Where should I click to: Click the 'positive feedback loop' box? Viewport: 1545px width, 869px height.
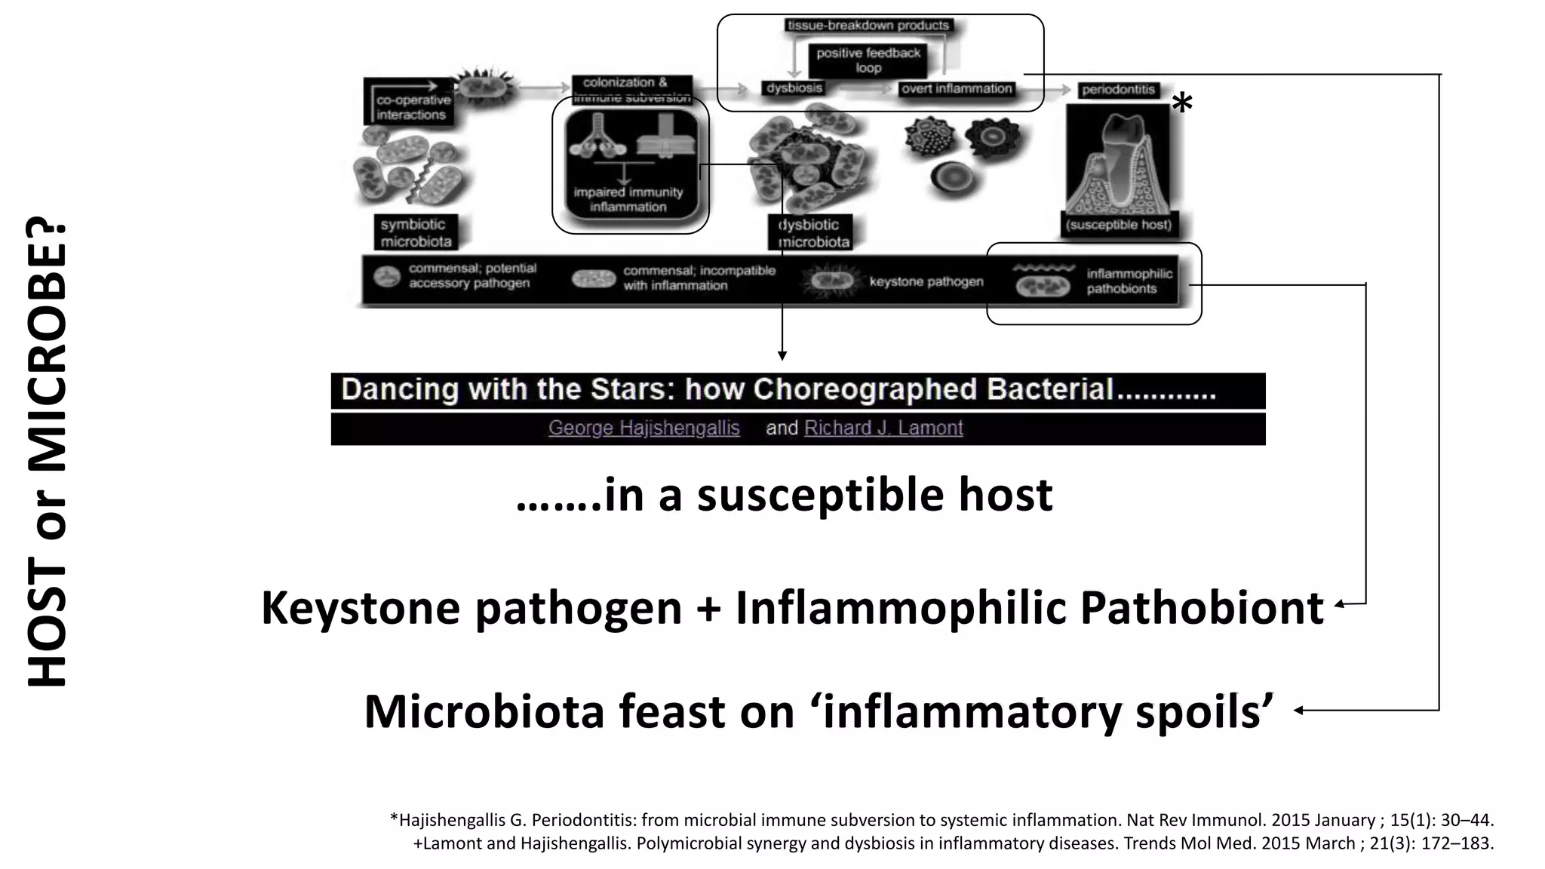(868, 60)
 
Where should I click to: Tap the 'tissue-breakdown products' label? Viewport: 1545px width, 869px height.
(868, 26)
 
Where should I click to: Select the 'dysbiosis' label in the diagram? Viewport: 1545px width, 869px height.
(794, 88)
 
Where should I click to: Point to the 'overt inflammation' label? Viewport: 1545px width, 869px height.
(957, 89)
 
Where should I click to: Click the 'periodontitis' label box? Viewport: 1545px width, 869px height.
(1118, 90)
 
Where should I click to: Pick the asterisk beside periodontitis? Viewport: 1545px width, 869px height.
(1182, 104)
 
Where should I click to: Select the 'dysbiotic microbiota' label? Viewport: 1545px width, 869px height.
(811, 233)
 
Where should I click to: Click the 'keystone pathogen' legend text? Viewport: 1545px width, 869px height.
(926, 281)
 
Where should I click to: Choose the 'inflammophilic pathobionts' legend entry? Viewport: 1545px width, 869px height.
(1129, 281)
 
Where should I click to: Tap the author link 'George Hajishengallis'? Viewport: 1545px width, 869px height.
(643, 428)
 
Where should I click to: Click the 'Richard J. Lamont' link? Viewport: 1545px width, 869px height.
(883, 428)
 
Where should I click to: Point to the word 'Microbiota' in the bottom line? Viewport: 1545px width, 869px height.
(484, 711)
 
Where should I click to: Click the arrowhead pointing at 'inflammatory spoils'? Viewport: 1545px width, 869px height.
(1298, 710)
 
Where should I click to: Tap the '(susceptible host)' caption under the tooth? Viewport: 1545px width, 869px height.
(1119, 224)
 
